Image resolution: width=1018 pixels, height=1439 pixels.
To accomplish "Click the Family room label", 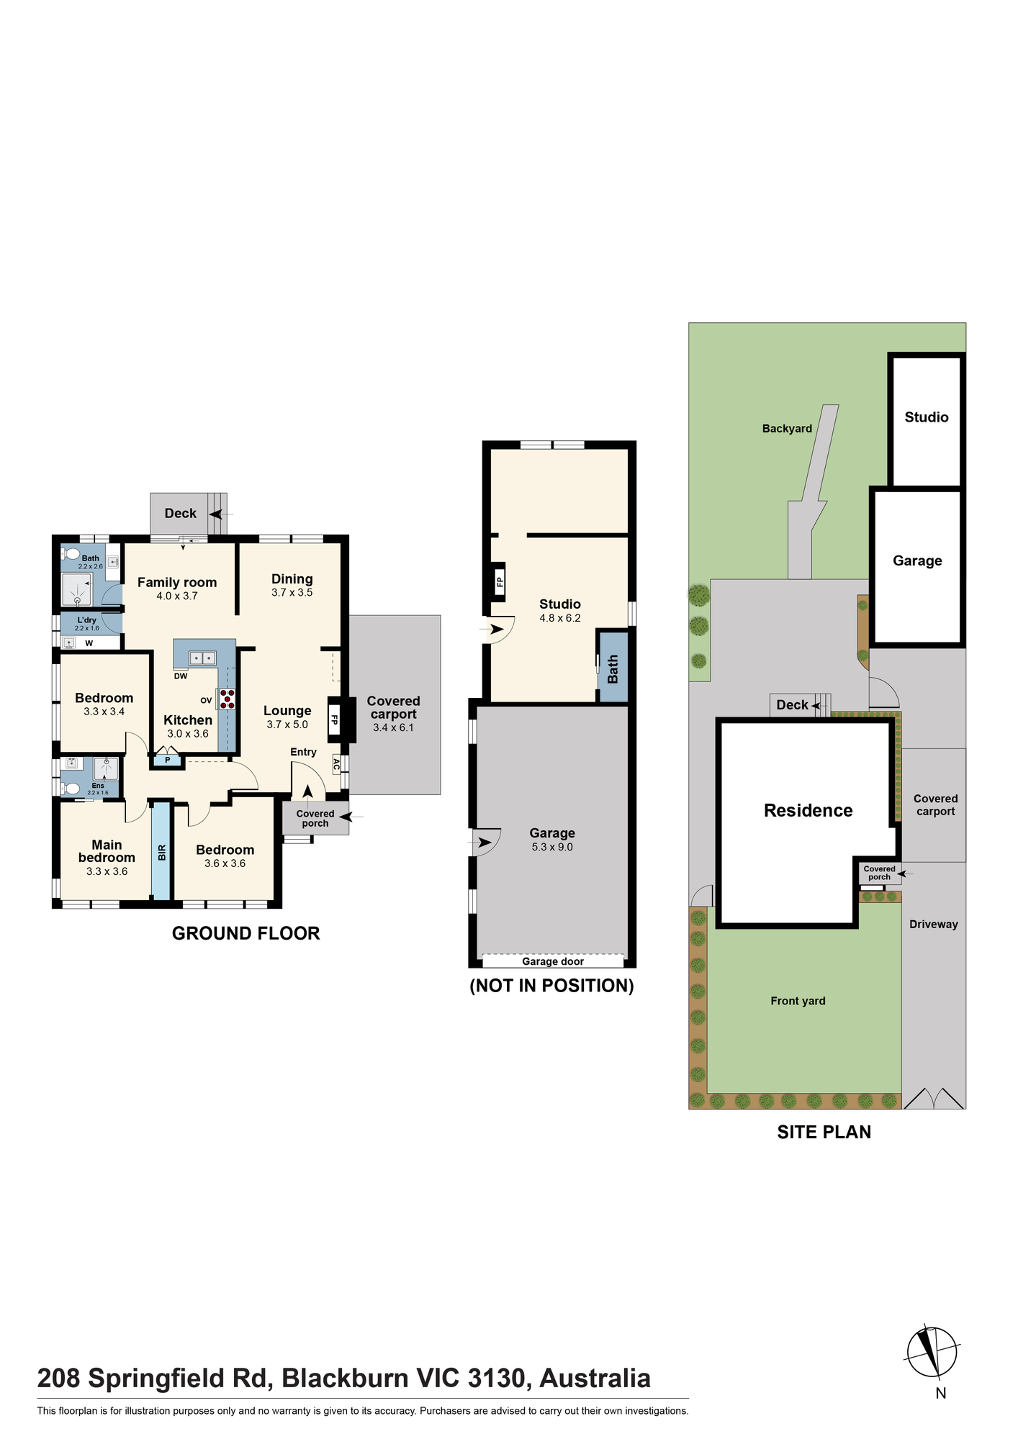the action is click(x=177, y=583).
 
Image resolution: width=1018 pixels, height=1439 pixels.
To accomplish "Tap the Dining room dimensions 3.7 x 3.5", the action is click(x=292, y=593).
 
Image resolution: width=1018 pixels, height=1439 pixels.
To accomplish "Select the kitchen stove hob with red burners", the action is click(x=228, y=699).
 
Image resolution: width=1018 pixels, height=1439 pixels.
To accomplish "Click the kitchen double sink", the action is click(x=202, y=658).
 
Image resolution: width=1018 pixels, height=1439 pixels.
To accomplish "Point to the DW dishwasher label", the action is click(x=181, y=676).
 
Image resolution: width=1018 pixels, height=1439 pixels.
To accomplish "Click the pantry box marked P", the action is click(x=167, y=760).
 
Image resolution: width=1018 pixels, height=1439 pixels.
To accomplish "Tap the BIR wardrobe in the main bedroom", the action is click(x=161, y=852).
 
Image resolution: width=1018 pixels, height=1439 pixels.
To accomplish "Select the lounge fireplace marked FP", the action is click(x=335, y=719).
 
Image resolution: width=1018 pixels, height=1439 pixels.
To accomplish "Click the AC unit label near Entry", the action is click(x=336, y=764).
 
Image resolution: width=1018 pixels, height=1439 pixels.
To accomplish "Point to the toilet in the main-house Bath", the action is click(x=70, y=554).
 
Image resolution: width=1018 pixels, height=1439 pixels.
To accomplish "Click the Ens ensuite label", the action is click(x=98, y=786).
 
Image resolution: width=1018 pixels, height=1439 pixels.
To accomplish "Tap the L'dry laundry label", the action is click(x=86, y=620).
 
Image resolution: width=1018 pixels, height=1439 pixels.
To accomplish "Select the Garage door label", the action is click(x=553, y=961).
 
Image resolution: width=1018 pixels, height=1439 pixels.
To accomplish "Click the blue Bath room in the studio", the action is click(x=613, y=667).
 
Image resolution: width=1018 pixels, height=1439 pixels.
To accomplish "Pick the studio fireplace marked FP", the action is click(x=499, y=580).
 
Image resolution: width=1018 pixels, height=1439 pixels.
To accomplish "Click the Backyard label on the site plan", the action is click(x=787, y=429).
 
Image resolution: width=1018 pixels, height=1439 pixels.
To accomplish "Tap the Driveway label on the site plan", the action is click(x=934, y=925).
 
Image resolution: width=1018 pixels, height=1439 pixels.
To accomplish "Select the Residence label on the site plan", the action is click(x=808, y=811).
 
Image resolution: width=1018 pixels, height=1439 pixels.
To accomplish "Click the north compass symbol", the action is click(x=932, y=1352).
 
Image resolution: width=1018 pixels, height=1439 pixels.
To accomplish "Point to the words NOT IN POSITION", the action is click(x=552, y=986).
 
